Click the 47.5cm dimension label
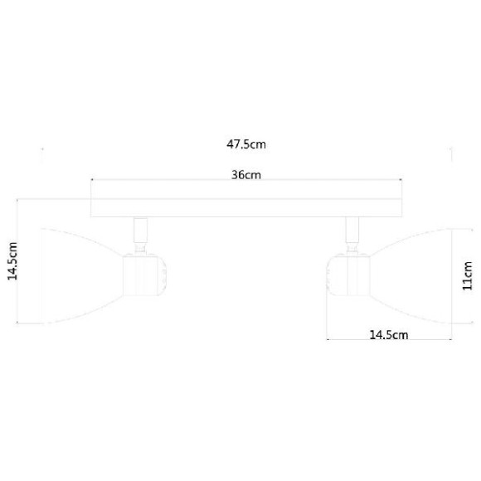tap(246, 144)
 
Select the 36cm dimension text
tap(246, 175)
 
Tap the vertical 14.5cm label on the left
tap(13, 261)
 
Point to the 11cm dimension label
tap(467, 276)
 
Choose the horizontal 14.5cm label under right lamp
tap(389, 335)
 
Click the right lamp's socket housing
tap(348, 275)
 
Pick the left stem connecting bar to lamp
tap(140, 230)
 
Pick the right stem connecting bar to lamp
tap(352, 230)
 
